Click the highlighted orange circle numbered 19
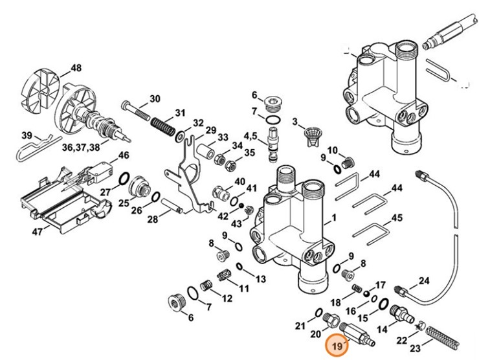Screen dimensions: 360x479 (x=337, y=348)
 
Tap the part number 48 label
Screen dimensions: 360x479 (x=76, y=69)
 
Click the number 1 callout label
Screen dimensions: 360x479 (x=335, y=218)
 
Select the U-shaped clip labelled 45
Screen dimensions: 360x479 (x=370, y=232)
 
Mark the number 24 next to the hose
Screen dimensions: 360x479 (x=424, y=280)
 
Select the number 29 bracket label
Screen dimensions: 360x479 (x=211, y=130)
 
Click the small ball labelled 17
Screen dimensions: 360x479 (x=366, y=293)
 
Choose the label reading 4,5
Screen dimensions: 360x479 (x=251, y=135)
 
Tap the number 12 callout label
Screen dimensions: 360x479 (x=227, y=298)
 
